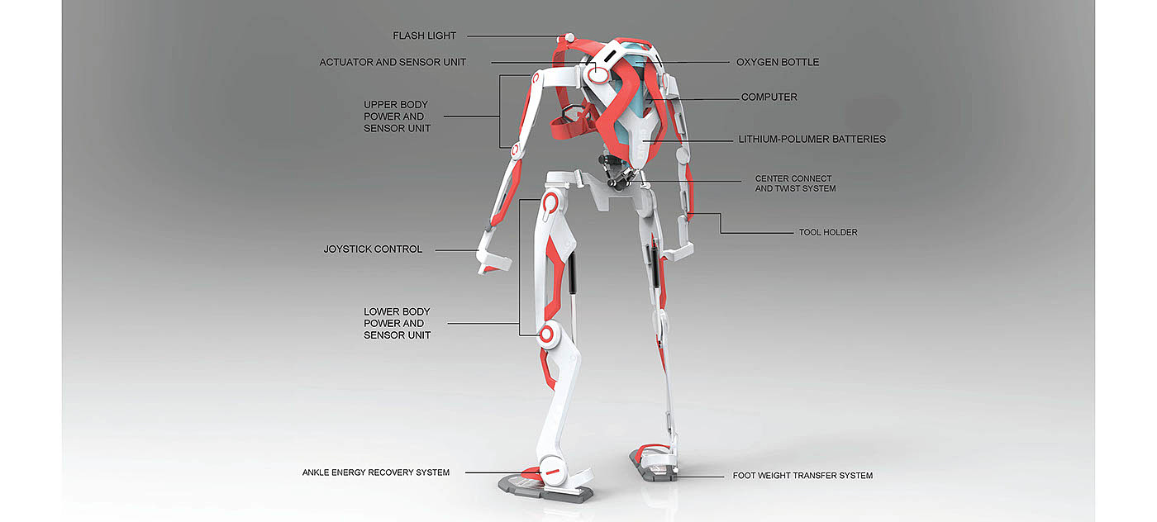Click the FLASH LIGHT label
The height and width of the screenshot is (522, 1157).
coord(424,36)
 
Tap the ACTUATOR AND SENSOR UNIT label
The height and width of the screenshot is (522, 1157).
coord(393,62)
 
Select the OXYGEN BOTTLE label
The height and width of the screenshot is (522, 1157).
coord(778,62)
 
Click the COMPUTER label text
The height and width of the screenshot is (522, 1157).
coord(769,97)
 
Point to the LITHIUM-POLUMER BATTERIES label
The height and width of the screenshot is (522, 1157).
coord(812,140)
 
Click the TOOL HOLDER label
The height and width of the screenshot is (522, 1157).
coord(828,233)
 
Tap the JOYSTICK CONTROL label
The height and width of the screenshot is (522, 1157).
coord(373,249)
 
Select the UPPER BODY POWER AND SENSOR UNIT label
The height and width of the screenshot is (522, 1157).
coord(397,116)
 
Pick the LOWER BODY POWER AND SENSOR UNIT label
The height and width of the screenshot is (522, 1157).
coord(397,324)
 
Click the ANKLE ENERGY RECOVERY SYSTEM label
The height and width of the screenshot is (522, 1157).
coord(376,472)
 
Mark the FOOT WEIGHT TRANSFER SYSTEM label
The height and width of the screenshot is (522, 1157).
coord(802,476)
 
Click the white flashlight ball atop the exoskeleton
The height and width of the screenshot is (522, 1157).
coord(568,37)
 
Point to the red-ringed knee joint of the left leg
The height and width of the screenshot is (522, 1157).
coord(547,335)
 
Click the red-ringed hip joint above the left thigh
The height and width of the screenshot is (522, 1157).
coord(552,201)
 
